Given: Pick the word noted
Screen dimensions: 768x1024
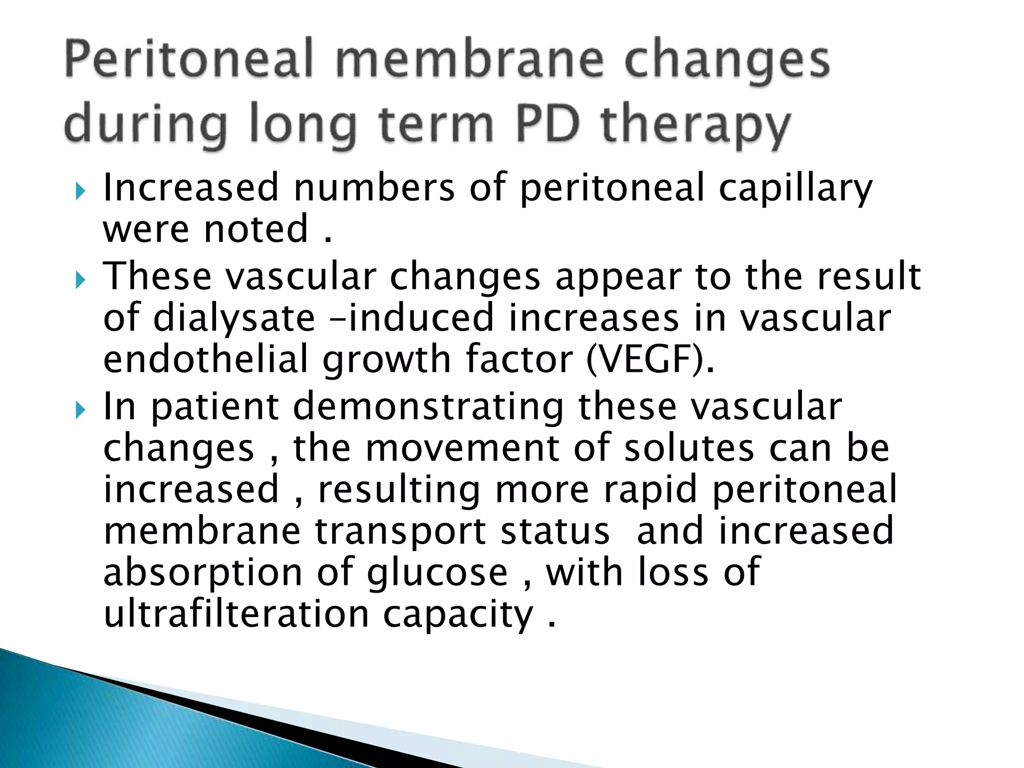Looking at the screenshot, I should (x=256, y=229).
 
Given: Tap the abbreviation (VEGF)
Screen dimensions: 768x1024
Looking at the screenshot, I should (x=650, y=360).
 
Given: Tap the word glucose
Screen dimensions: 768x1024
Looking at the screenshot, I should (x=437, y=573).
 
